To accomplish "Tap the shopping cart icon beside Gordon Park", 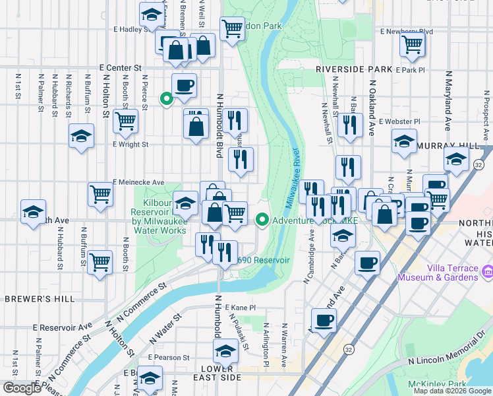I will pos(232,28).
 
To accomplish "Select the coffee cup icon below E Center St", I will pos(184,84).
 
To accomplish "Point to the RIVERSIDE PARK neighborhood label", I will pos(353,69).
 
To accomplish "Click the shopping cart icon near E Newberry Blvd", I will pos(412,44).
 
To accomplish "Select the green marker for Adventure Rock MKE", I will pos(262,220).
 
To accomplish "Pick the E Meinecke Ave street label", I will pos(138,182).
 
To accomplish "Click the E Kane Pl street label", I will pos(240,308).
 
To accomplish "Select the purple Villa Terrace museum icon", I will pos(488,271).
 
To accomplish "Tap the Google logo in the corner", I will pos(21,388).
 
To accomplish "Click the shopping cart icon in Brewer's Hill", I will pos(100,262).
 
